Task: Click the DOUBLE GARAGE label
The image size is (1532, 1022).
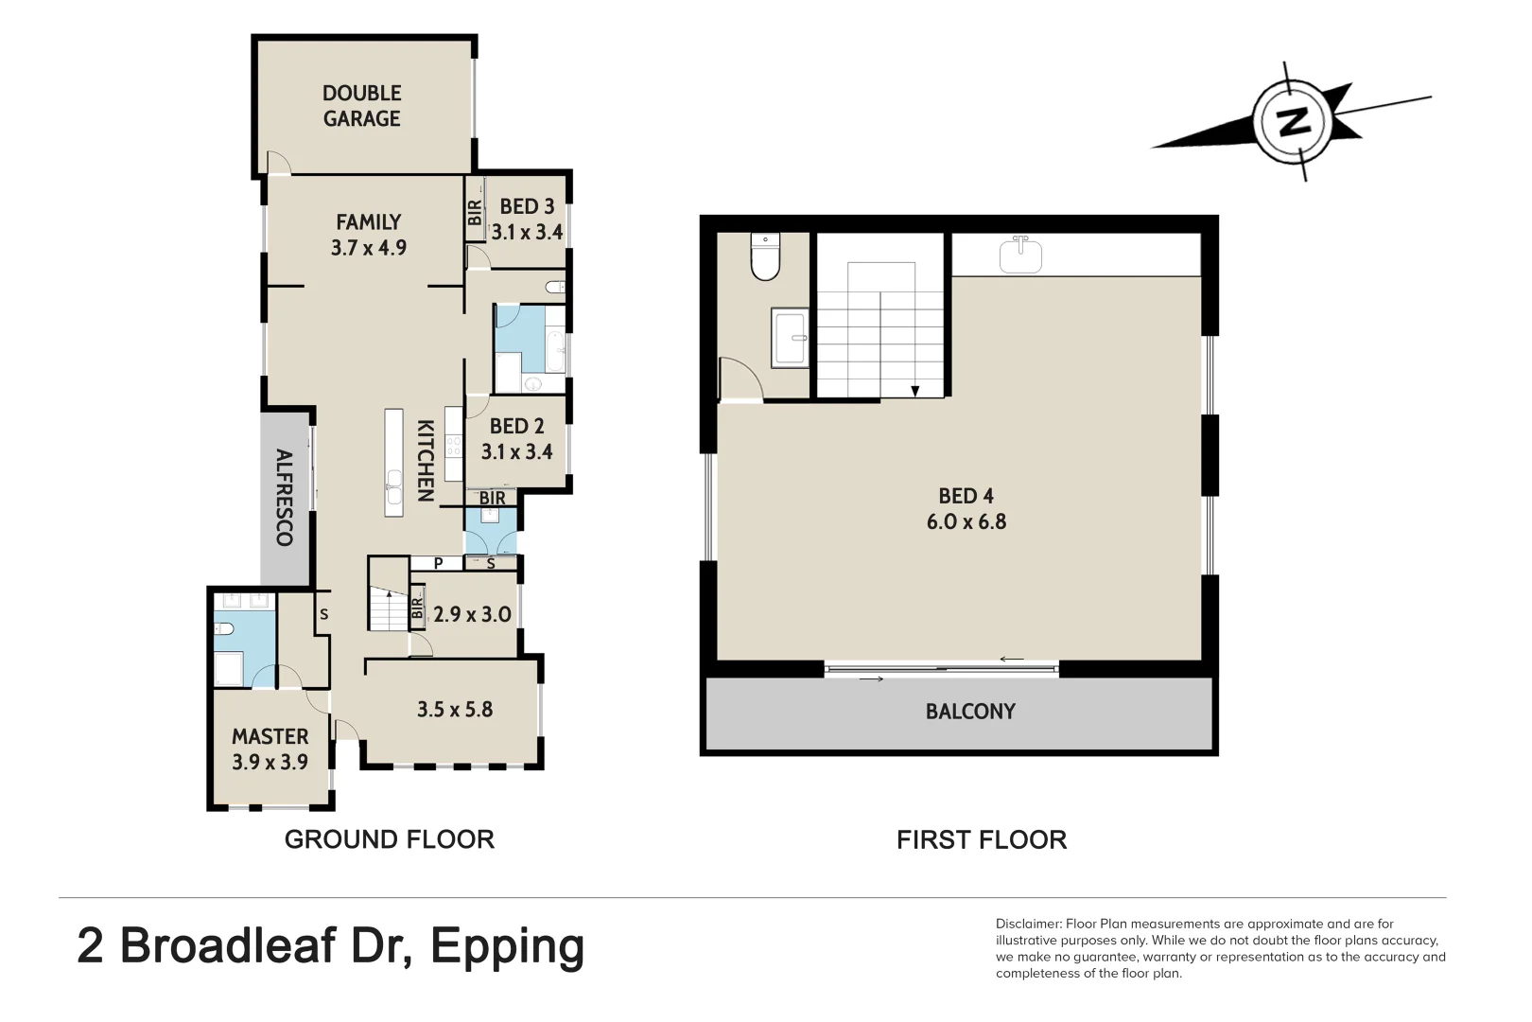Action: (361, 106)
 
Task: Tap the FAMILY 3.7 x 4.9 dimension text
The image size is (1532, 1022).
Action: (368, 247)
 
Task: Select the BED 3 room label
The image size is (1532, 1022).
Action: (527, 206)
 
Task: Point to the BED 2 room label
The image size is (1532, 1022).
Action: (516, 427)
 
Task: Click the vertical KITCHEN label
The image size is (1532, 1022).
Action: (426, 460)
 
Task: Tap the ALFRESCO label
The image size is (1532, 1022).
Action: (284, 497)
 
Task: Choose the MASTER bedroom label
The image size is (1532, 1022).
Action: (270, 736)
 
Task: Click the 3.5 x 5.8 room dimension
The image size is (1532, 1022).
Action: (455, 710)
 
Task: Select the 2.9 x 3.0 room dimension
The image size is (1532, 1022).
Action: (472, 614)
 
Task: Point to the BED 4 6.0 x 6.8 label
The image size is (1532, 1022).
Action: (966, 509)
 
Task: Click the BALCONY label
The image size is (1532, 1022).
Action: (970, 712)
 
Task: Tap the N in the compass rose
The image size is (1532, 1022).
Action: (1293, 121)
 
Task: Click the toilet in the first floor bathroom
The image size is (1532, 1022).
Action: (764, 256)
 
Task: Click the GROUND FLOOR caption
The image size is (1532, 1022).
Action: (389, 839)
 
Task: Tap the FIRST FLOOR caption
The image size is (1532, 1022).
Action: (981, 839)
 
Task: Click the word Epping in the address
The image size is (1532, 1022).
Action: (507, 946)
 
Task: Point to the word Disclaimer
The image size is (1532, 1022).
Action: (1028, 924)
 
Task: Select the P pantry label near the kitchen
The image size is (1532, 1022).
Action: (438, 563)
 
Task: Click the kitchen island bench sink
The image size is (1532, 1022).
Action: (393, 492)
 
